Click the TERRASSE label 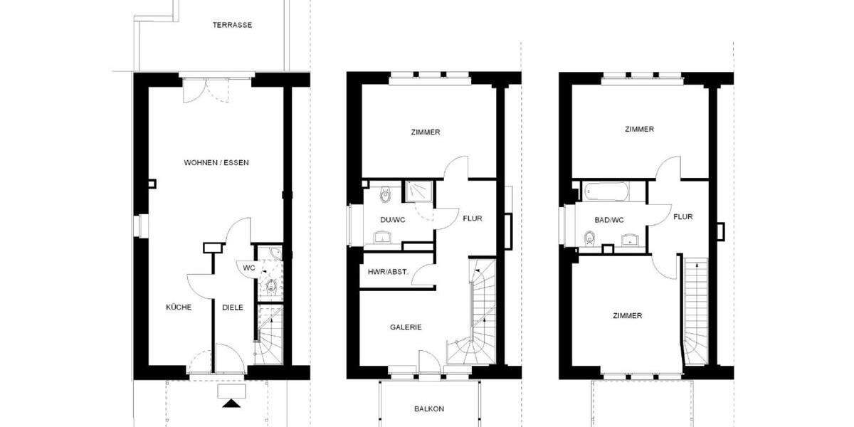pos(232,25)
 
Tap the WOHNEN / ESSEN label pos(216,163)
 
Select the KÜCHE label pos(179,307)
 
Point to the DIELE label pos(233,307)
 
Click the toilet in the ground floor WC pos(271,286)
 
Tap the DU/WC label pos(391,220)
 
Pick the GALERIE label pos(406,327)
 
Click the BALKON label pos(429,409)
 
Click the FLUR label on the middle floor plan pos(472,218)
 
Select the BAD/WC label pos(608,220)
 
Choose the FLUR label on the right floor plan pos(683,217)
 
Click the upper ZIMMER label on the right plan pos(639,130)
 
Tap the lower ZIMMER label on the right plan pos(628,315)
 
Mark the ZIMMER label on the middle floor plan pos(426,132)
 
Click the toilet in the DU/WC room pos(385,193)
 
